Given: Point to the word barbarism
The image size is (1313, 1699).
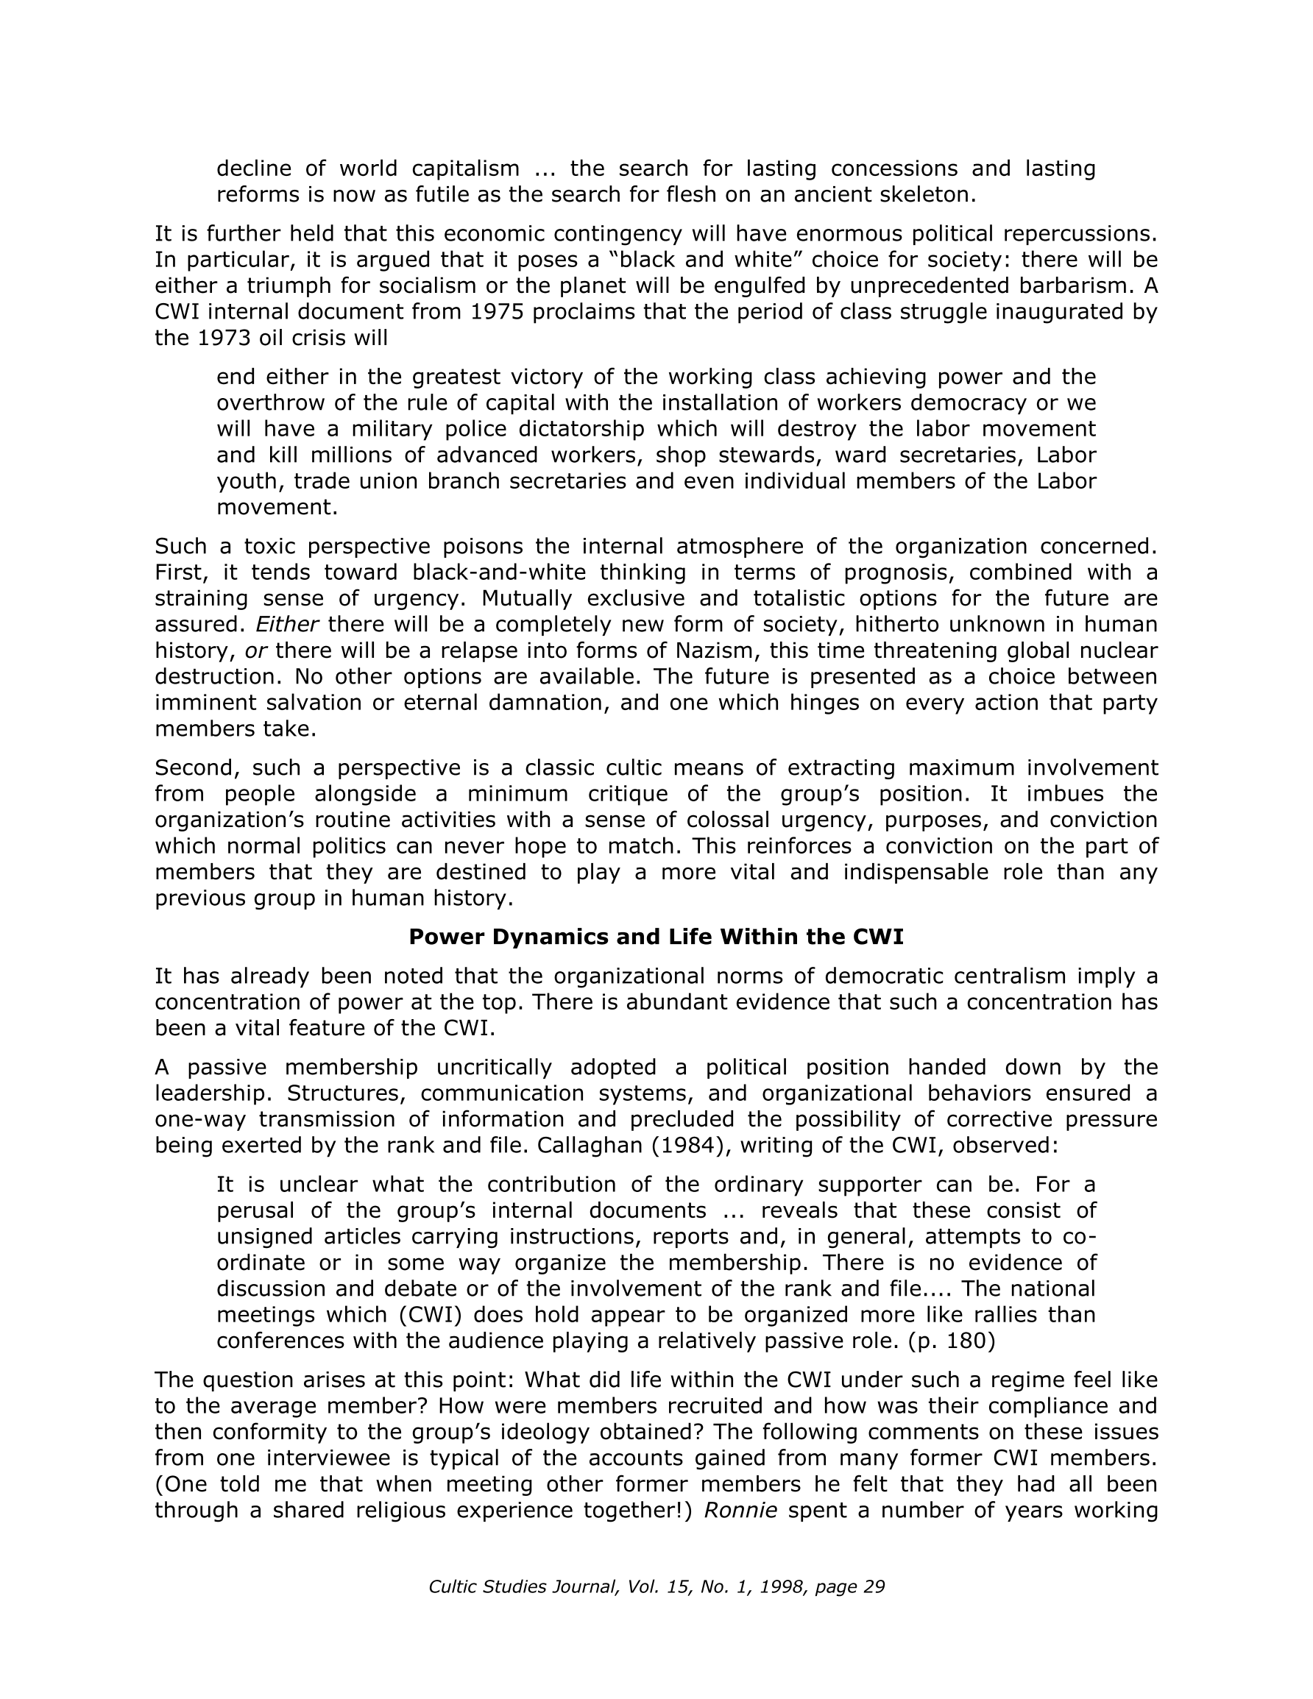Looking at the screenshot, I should [1072, 286].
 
